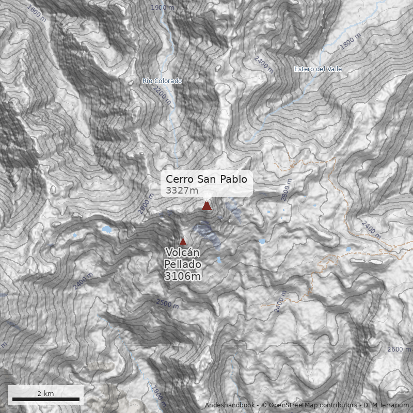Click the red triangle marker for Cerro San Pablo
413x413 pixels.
(206, 206)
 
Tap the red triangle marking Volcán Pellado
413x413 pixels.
(183, 241)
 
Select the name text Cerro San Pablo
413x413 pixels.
(206, 179)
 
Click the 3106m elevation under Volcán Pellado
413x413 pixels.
(182, 277)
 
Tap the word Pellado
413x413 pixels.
(182, 264)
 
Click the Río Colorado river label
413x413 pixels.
(162, 81)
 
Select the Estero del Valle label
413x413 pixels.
(318, 69)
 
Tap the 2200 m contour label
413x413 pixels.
(162, 95)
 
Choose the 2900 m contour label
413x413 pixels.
(147, 206)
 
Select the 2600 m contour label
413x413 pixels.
(399, 350)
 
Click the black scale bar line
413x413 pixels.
(46, 399)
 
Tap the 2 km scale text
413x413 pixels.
(45, 393)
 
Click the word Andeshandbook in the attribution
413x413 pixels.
(230, 405)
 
